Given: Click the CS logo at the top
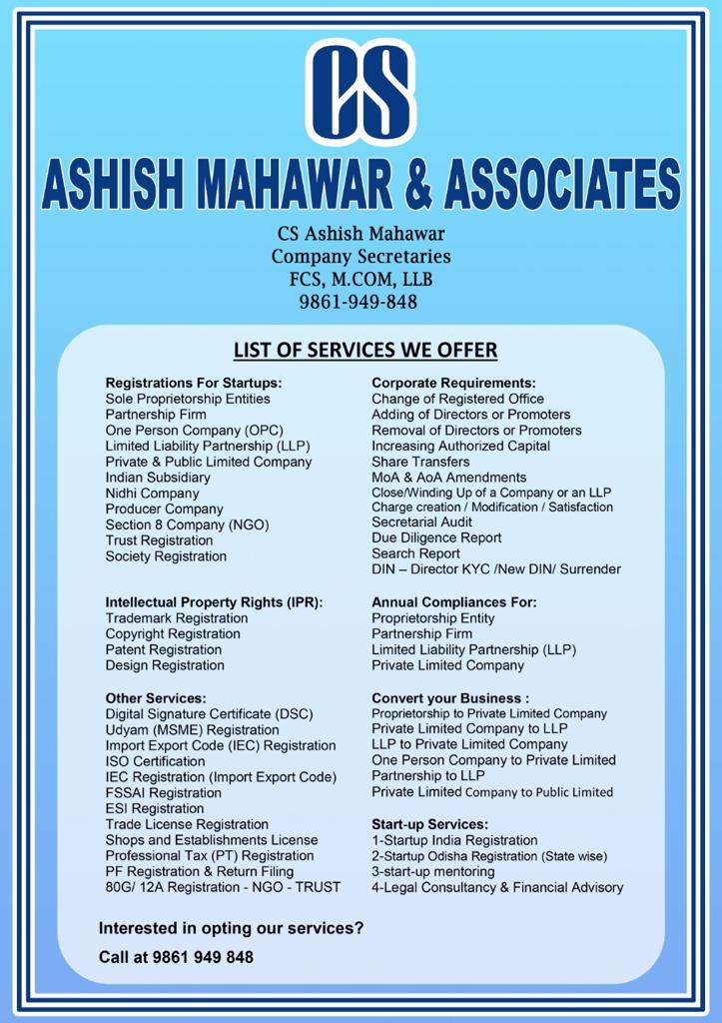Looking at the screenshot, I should click(x=361, y=91).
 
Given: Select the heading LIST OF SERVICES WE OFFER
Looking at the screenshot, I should click(x=364, y=351).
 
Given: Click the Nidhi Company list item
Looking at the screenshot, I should click(x=152, y=494).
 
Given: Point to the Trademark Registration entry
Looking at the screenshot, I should click(x=177, y=618).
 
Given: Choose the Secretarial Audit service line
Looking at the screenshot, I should click(x=421, y=521).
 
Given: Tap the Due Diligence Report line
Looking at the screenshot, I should click(x=436, y=537).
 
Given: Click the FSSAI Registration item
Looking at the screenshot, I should click(x=164, y=793).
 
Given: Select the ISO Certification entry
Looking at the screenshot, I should click(x=155, y=761).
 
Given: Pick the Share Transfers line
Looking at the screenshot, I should click(x=420, y=463).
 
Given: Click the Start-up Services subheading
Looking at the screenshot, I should click(x=429, y=824).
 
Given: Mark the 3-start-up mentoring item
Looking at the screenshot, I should click(x=432, y=871).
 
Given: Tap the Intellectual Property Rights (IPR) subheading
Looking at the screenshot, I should click(x=214, y=602).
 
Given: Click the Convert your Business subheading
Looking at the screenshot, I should click(x=450, y=698).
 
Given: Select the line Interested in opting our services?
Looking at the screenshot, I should click(x=231, y=928).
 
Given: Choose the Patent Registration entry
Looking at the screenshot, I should click(x=164, y=649).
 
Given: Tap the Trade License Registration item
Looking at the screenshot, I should click(x=187, y=824).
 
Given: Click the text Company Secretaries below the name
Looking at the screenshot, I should click(x=361, y=257).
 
